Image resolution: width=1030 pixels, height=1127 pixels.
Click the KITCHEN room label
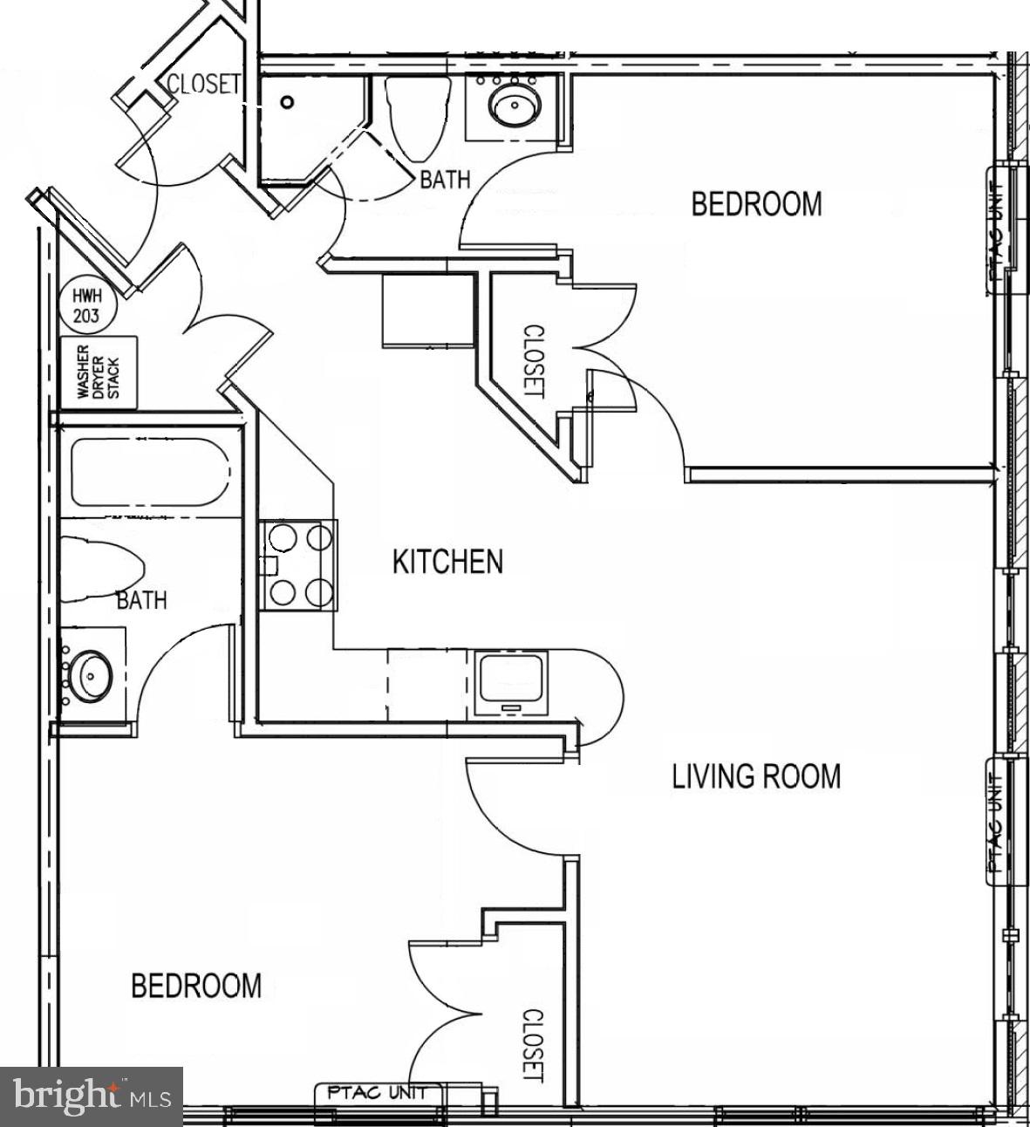tap(447, 562)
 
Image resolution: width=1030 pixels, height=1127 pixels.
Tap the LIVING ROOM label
tap(756, 775)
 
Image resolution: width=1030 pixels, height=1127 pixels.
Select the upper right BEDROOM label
tap(756, 204)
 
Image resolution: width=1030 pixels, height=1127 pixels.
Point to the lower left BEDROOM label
tap(196, 986)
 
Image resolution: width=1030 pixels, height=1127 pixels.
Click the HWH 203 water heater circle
tap(86, 306)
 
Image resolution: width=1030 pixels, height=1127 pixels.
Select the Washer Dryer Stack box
tap(99, 372)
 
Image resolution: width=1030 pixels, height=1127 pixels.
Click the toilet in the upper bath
tap(418, 117)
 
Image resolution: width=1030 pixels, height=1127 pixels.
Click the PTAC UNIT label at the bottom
tap(378, 1092)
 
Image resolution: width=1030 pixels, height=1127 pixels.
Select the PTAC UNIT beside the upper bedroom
tap(999, 229)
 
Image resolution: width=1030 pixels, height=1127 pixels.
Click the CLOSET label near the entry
tap(203, 85)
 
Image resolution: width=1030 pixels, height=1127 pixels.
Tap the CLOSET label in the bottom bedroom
tap(533, 1045)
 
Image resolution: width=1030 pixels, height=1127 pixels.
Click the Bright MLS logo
tap(92, 1096)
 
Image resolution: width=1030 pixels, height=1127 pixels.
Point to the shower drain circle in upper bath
tap(288, 101)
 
